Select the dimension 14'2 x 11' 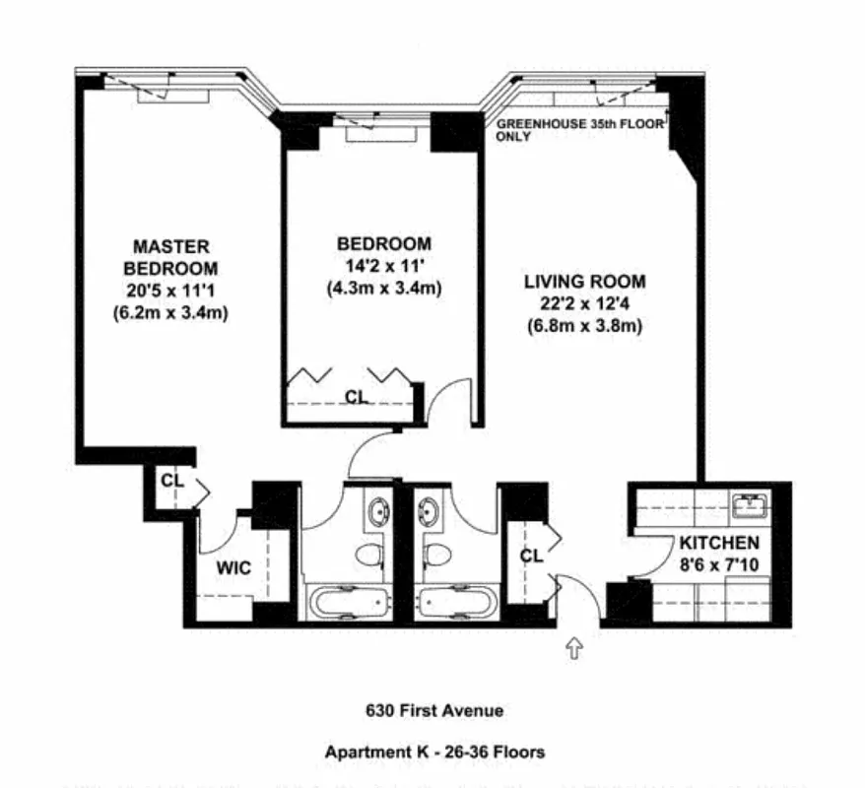coord(383,266)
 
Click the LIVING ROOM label coord(584,281)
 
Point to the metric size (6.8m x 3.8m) coord(584,326)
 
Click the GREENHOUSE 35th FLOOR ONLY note coord(579,130)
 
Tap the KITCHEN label coord(718,543)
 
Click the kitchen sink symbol coord(753,506)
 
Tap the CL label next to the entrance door coord(531,556)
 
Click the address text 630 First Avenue coord(433,709)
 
